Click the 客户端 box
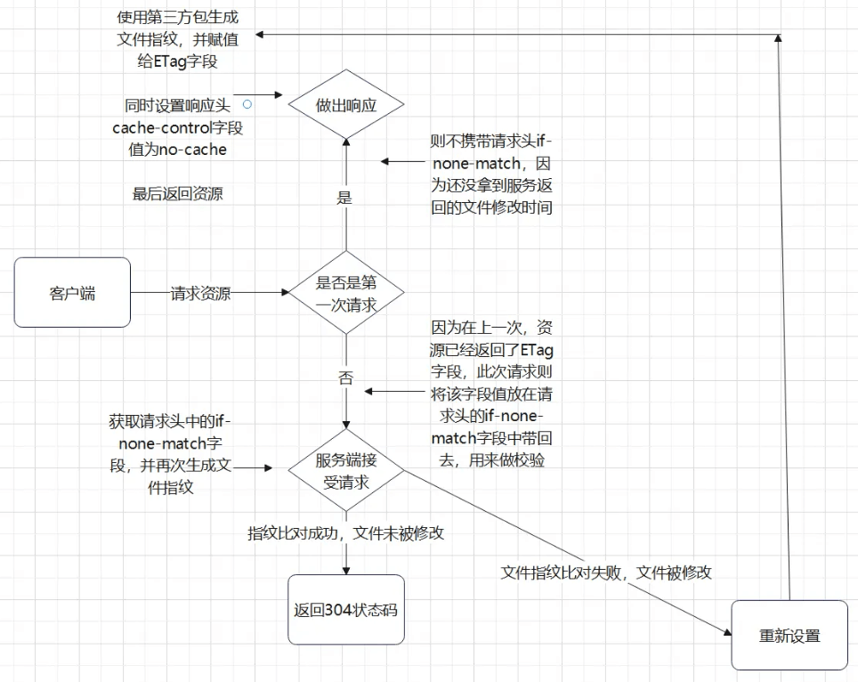pyautogui.click(x=72, y=293)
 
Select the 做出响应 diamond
pyautogui.click(x=345, y=105)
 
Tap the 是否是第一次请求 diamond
pyautogui.click(x=345, y=293)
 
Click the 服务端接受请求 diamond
pyautogui.click(x=345, y=471)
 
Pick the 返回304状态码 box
pyautogui.click(x=345, y=610)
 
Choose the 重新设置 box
pyautogui.click(x=789, y=636)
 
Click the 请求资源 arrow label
pyautogui.click(x=201, y=293)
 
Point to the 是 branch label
pyautogui.click(x=345, y=198)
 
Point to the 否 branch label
pyautogui.click(x=345, y=378)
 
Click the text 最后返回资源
pyautogui.click(x=177, y=194)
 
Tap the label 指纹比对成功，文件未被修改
pyautogui.click(x=345, y=533)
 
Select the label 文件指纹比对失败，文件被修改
pyautogui.click(x=606, y=572)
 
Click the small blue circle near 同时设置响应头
pyautogui.click(x=248, y=104)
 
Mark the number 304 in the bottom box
pyautogui.click(x=336, y=611)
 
